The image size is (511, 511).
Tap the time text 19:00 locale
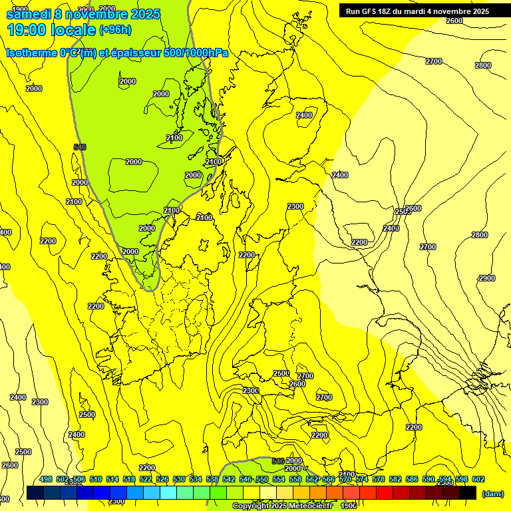[x=51, y=29]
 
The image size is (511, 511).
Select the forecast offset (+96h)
[x=115, y=30]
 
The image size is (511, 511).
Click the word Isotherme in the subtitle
[x=31, y=53]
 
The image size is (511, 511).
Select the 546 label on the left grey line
[x=80, y=147]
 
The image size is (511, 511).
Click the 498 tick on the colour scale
[x=45, y=479]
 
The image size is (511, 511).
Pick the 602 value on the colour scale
[x=478, y=479]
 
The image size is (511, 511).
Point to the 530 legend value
[x=178, y=479]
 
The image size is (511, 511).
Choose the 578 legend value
[x=378, y=479]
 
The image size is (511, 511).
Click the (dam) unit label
[x=492, y=494]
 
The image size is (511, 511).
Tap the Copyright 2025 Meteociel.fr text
[x=281, y=506]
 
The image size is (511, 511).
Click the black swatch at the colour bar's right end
[x=468, y=492]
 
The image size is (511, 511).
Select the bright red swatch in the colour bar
[x=385, y=492]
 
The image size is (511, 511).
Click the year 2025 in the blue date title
[x=140, y=14]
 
